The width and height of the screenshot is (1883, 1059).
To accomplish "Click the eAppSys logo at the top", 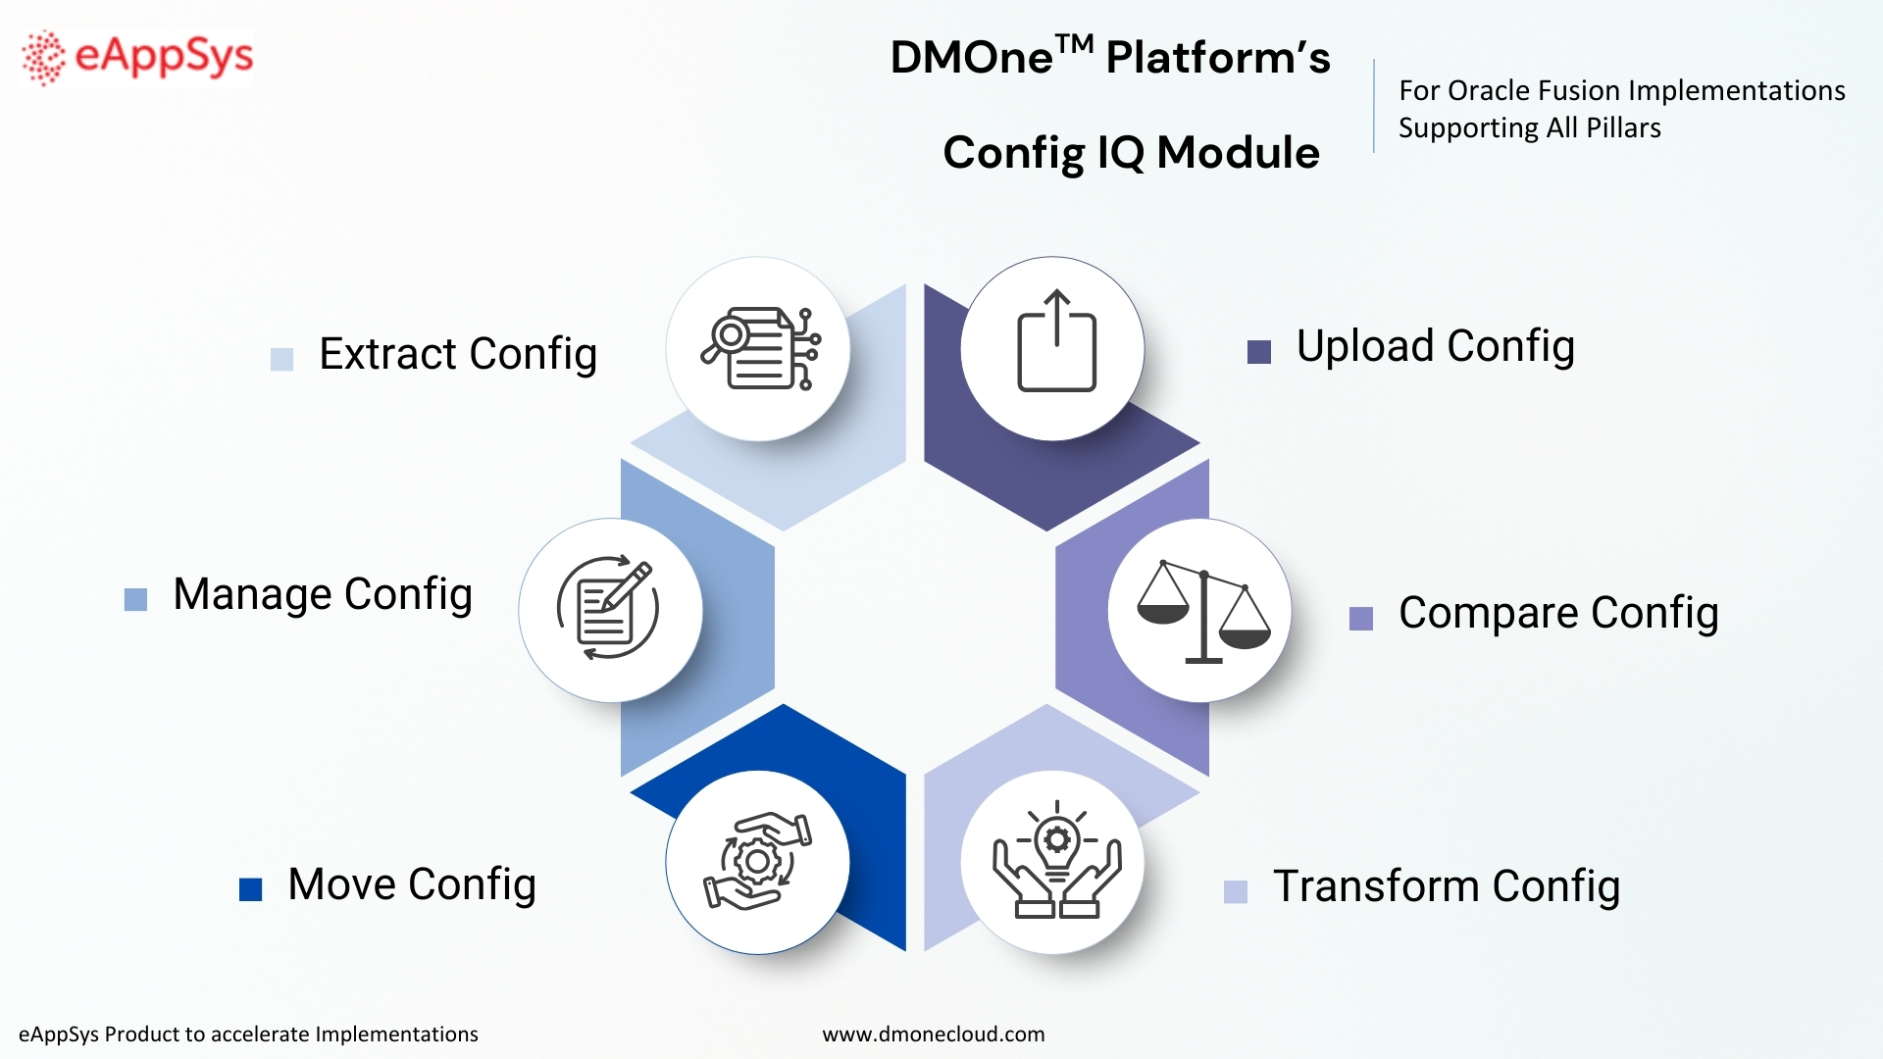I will point(137,57).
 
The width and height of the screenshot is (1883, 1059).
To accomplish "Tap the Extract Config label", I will point(458,354).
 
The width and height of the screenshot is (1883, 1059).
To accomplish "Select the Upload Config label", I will point(1435,346).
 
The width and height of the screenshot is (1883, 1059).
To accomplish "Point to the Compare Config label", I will point(1557,613).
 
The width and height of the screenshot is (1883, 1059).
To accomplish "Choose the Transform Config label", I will point(1446,886).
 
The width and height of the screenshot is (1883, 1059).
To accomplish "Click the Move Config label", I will point(412,884).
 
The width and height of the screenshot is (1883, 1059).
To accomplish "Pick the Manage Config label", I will point(323,594).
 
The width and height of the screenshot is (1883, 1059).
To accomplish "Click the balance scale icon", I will point(1202,611).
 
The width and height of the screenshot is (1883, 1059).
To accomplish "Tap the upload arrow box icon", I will point(1055,342).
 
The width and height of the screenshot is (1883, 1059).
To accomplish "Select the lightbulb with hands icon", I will point(1055,861).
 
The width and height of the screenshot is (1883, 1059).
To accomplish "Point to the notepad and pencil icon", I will point(608,609).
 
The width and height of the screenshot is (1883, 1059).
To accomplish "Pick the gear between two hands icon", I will point(757,862).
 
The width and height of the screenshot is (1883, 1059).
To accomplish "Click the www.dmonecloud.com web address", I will point(933,1034).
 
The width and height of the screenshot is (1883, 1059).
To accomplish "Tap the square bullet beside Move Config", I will point(251,889).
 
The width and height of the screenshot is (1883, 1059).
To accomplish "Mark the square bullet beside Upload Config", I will point(1259,352).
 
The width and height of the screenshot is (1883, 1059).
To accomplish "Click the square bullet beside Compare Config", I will point(1361,619).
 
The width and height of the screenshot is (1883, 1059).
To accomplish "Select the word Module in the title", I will point(1238,153).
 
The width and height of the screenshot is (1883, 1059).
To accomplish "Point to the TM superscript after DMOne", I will point(1074,44).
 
